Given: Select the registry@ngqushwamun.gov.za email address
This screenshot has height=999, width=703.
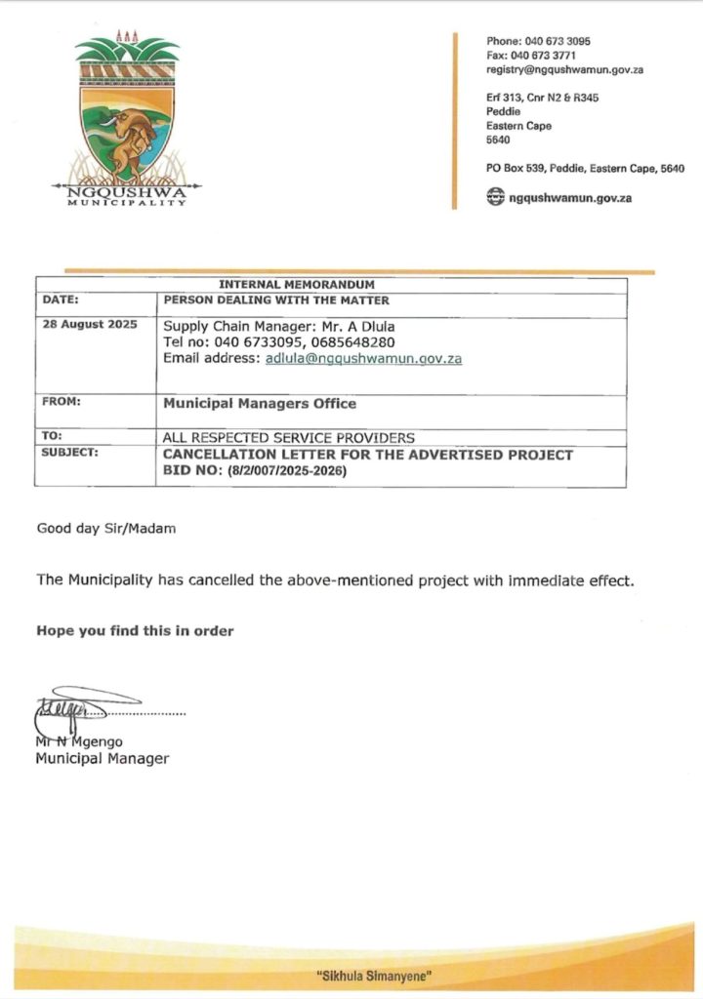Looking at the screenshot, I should tap(564, 70).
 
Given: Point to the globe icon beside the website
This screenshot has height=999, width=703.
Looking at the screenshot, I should tap(496, 198).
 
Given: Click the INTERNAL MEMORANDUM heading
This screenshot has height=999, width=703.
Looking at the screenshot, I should tap(331, 284).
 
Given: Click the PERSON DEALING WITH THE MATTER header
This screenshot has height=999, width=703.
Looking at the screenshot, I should tap(277, 301).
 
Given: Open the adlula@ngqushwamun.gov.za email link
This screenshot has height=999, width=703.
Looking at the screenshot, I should tap(363, 358).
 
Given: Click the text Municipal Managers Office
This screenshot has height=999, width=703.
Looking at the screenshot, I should tap(260, 403).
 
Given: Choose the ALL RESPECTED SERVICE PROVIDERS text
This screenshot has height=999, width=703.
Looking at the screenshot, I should tap(289, 438).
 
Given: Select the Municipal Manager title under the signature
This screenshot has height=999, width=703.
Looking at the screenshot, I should tap(103, 758).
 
